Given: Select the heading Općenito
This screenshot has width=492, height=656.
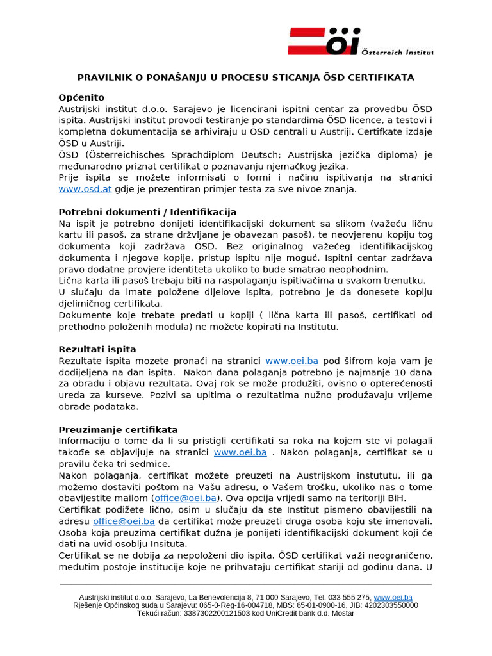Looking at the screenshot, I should [x=81, y=97].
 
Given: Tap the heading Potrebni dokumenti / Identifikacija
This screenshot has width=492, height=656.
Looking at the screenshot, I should [x=147, y=212].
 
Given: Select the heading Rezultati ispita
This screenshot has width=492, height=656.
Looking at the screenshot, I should [x=97, y=349].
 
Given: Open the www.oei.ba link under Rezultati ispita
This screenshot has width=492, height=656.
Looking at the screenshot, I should [x=291, y=361].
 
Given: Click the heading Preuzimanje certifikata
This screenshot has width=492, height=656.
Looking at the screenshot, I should [x=119, y=429].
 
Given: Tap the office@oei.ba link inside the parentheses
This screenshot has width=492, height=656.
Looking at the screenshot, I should [x=185, y=498].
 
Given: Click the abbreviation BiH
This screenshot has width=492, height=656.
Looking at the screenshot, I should [x=397, y=498].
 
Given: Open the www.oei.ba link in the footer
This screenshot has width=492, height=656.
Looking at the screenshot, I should [x=393, y=597].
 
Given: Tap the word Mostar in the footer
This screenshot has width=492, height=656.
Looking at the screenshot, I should [x=341, y=613].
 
